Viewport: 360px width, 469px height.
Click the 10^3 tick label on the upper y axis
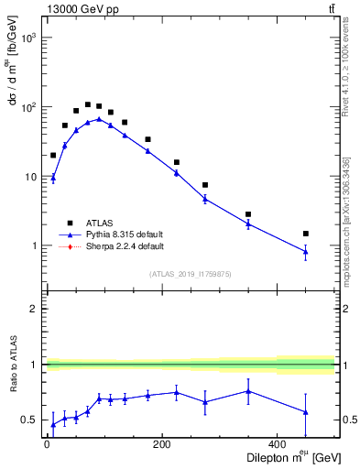29,38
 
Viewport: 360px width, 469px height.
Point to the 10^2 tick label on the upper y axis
29,107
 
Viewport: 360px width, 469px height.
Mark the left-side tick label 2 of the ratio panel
33,309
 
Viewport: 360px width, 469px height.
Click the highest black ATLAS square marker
88,104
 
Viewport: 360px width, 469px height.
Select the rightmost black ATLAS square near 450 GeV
306,234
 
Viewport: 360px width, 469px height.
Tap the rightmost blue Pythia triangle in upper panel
306,252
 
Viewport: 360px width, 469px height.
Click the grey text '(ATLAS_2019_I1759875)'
191,274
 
